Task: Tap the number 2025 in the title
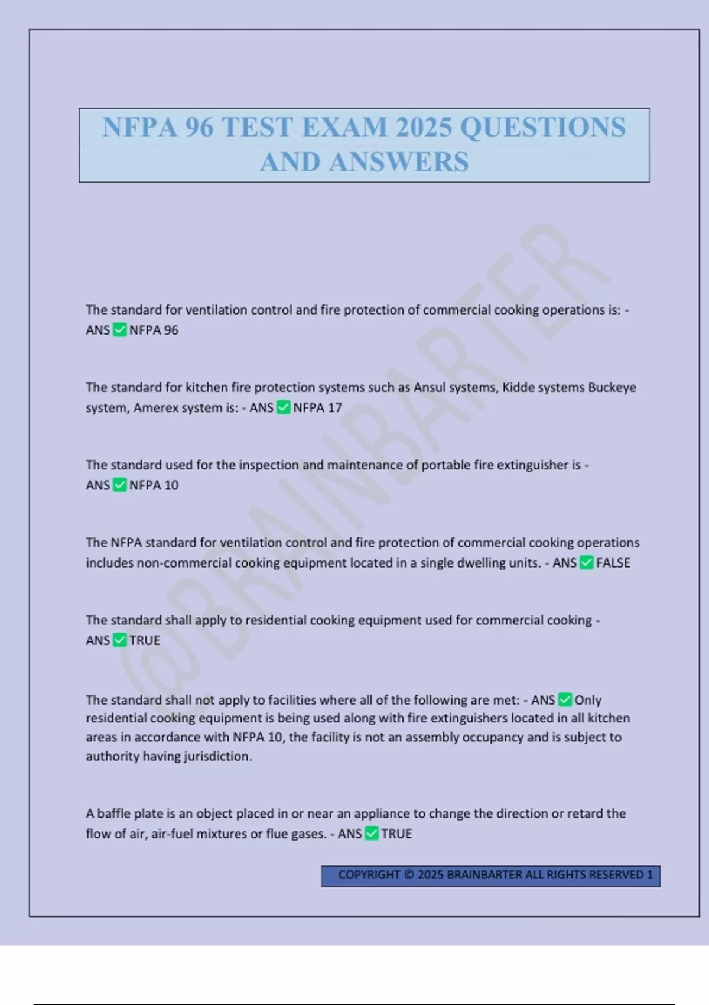pyautogui.click(x=424, y=128)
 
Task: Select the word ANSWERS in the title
pyautogui.click(x=399, y=162)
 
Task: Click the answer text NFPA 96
pyautogui.click(x=154, y=330)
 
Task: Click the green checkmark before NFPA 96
pyautogui.click(x=119, y=330)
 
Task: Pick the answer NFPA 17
pyautogui.click(x=317, y=408)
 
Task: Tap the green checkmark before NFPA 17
pyautogui.click(x=284, y=407)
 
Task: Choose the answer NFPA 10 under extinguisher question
pyautogui.click(x=154, y=485)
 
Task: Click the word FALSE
pyautogui.click(x=613, y=563)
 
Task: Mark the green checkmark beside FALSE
pyautogui.click(x=586, y=563)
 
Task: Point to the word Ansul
pyautogui.click(x=430, y=388)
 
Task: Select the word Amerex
pyautogui.click(x=155, y=408)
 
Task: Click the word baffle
pyautogui.click(x=113, y=813)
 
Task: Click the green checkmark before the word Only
pyautogui.click(x=565, y=700)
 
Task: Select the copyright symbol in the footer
pyautogui.click(x=409, y=875)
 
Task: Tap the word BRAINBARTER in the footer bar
pyautogui.click(x=484, y=875)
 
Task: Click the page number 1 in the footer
pyautogui.click(x=650, y=875)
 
